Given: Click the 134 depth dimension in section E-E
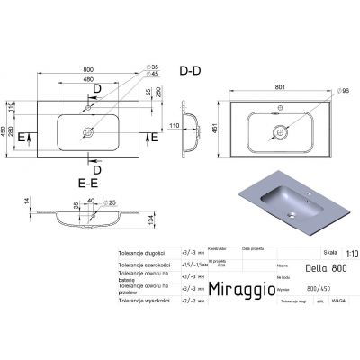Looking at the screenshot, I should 154,222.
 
